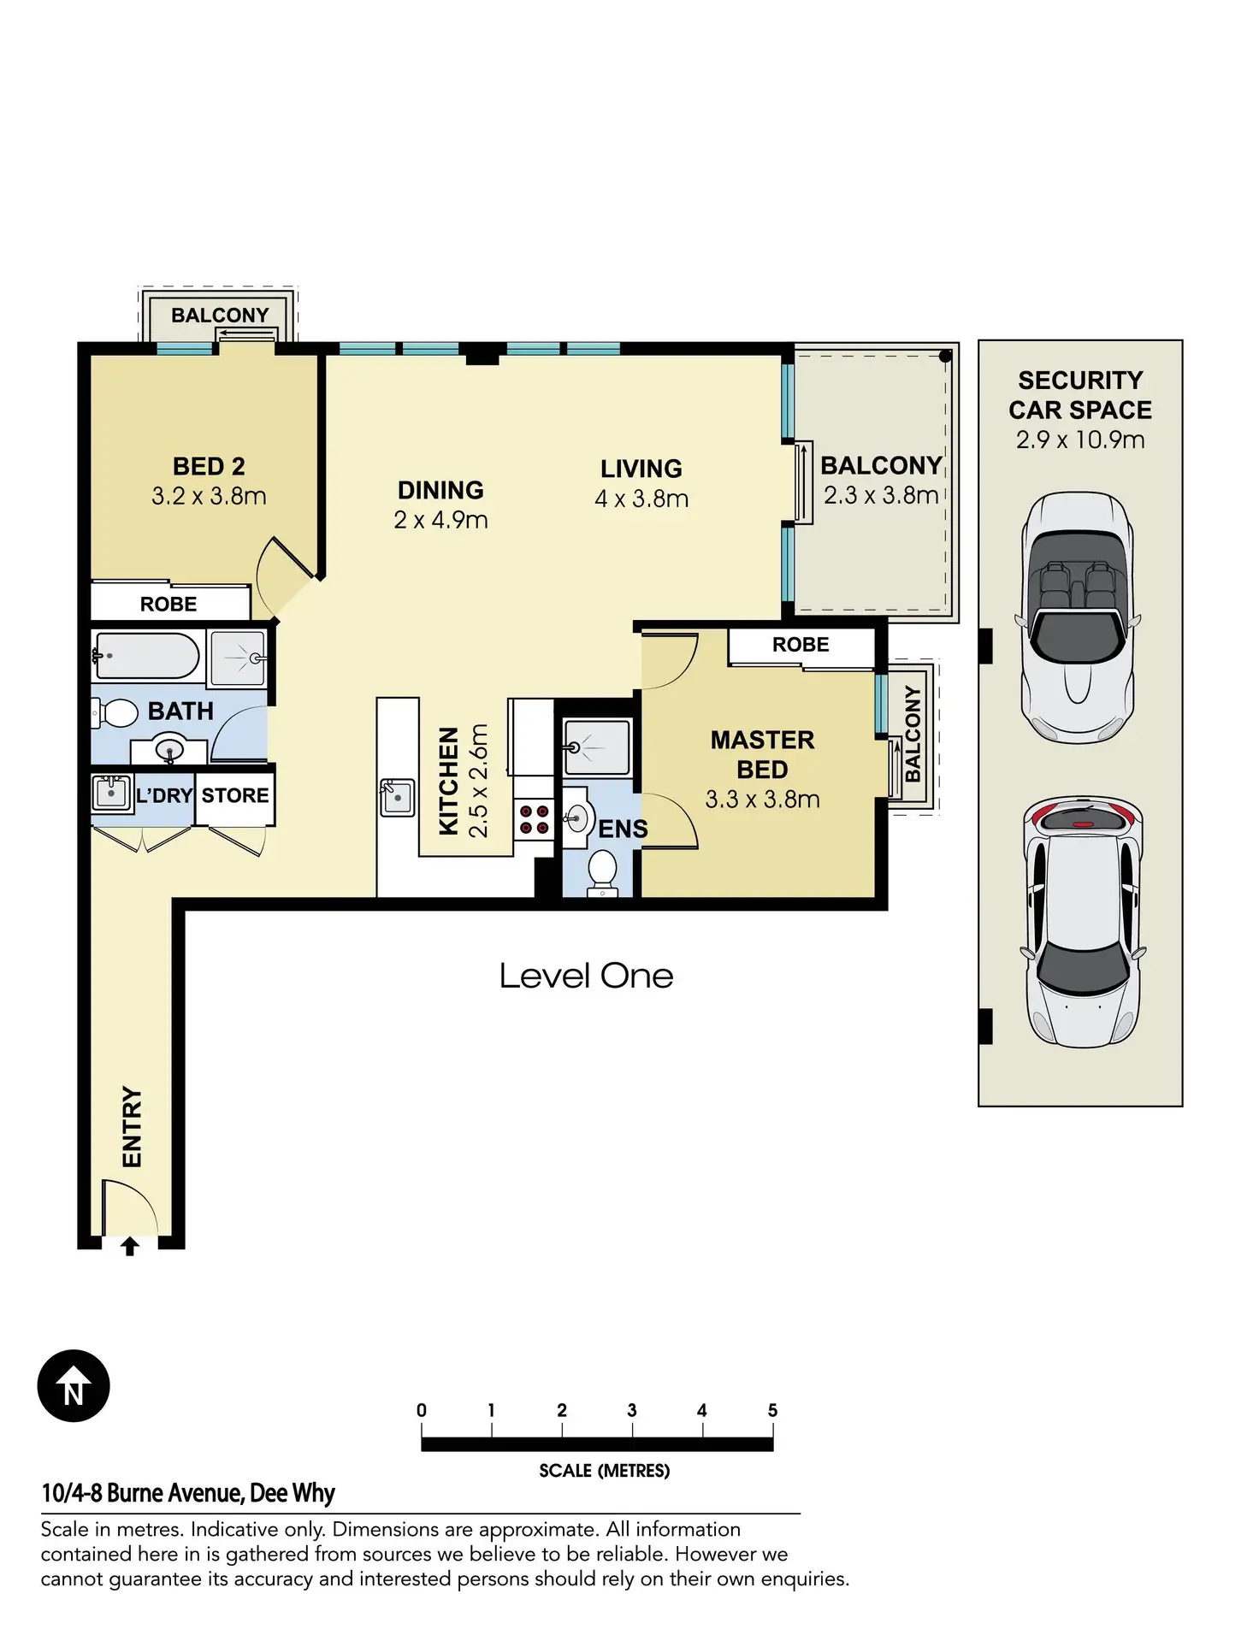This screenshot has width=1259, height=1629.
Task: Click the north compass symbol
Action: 74,1386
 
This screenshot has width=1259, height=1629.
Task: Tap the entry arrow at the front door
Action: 130,1246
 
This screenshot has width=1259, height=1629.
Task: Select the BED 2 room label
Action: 209,466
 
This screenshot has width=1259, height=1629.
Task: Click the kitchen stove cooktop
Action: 535,819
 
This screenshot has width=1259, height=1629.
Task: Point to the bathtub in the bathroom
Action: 146,656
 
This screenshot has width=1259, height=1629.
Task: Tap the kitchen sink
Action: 397,797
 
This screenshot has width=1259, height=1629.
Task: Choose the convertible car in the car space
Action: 1078,618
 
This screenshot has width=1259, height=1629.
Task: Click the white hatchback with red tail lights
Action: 1083,923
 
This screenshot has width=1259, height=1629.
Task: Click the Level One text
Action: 586,976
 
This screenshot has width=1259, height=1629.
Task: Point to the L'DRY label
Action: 164,795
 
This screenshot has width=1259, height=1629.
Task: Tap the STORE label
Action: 235,795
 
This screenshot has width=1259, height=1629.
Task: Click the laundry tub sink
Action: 111,793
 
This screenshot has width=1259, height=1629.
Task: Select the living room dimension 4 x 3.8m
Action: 641,499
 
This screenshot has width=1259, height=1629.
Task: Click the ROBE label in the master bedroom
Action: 801,645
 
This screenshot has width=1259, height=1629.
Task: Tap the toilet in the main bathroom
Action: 115,712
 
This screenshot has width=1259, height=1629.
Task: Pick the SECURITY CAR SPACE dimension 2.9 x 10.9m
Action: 1080,440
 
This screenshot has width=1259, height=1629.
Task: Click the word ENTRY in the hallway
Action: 132,1126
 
